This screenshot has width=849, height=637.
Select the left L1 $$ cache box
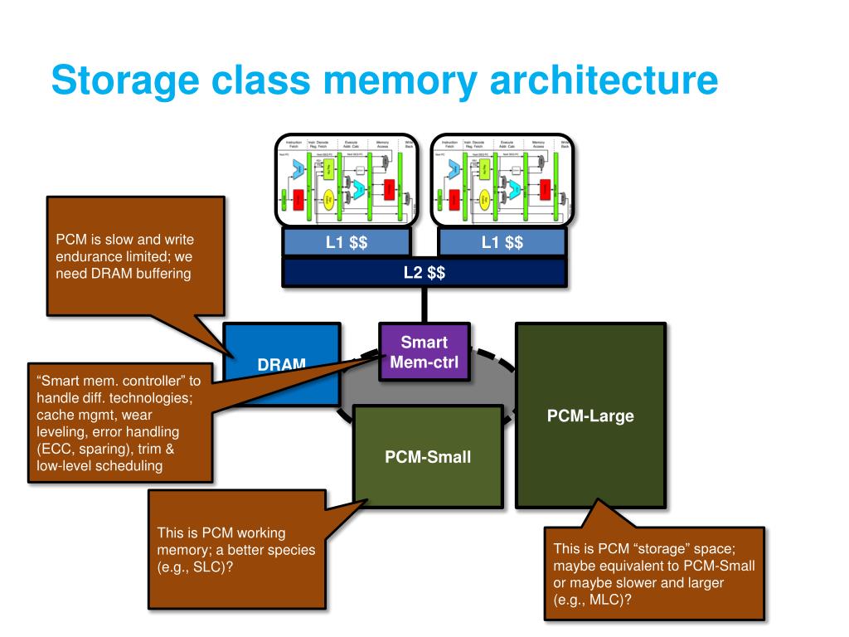[x=347, y=242]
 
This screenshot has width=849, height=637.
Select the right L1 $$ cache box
[x=502, y=242]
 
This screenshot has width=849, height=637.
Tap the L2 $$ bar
[x=424, y=273]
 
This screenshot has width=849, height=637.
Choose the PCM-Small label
[x=428, y=457]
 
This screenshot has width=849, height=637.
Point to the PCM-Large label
[x=590, y=416]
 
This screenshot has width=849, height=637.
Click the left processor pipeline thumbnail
[x=347, y=180]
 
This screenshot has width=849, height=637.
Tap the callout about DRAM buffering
[x=135, y=256]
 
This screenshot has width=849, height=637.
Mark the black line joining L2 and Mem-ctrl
[x=424, y=305]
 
